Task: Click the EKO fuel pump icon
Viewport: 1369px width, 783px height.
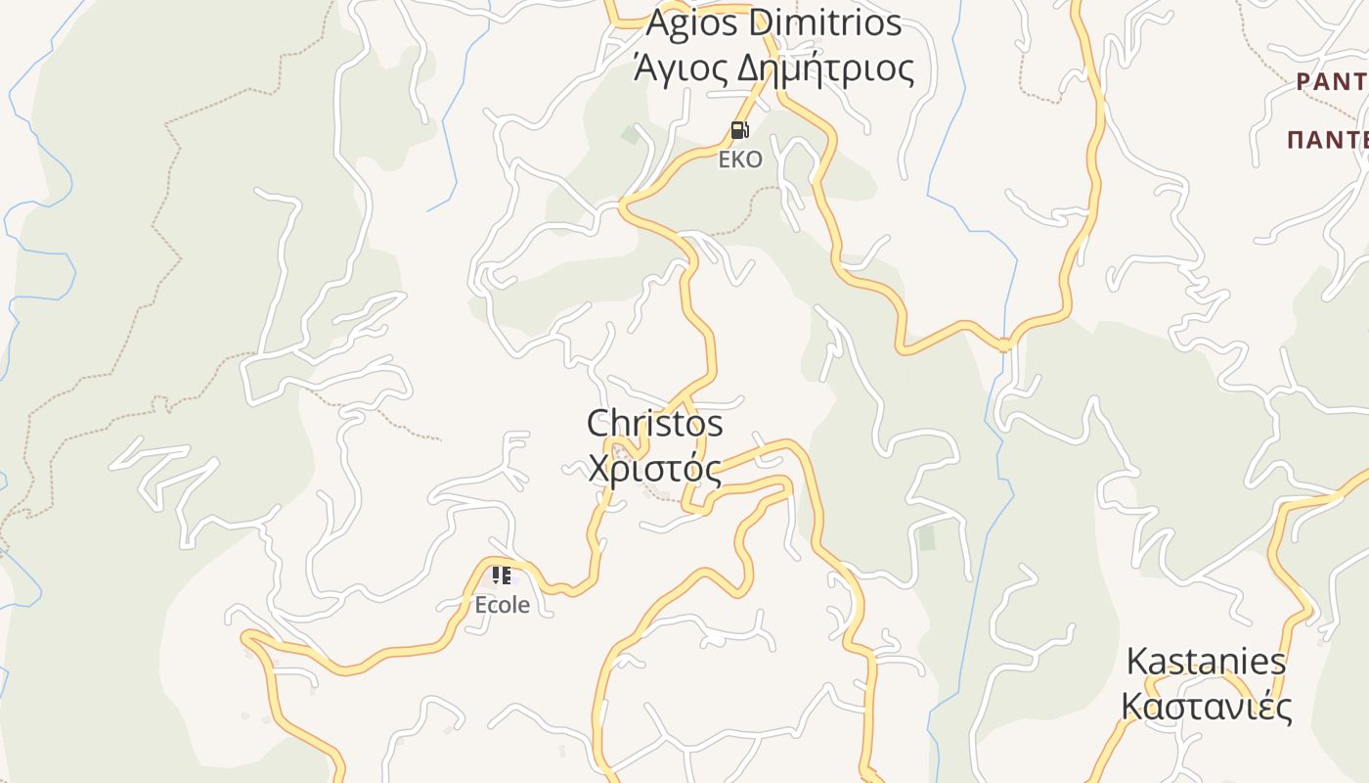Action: click(x=740, y=130)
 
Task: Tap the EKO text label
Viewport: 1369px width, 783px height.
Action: click(x=740, y=160)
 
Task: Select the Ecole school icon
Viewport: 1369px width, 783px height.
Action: click(x=502, y=576)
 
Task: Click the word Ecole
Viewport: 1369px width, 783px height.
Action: click(x=503, y=605)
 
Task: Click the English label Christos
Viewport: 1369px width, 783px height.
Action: click(x=655, y=424)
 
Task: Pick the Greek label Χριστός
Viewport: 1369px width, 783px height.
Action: click(x=655, y=469)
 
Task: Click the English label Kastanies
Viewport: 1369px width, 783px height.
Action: click(x=1206, y=662)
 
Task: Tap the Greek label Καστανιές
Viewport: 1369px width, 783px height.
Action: click(x=1206, y=706)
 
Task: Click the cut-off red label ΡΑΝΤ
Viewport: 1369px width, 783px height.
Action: click(x=1332, y=82)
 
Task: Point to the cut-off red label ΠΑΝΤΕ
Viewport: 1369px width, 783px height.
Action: click(x=1328, y=139)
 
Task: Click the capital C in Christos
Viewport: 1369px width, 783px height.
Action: click(x=598, y=424)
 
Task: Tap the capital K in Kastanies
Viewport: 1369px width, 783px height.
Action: click(x=1137, y=662)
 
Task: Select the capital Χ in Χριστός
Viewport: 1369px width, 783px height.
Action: click(x=600, y=469)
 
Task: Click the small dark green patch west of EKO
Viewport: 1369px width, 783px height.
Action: click(x=631, y=135)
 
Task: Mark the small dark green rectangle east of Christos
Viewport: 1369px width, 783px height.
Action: click(x=926, y=538)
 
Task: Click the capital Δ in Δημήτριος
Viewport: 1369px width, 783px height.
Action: click(x=748, y=69)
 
